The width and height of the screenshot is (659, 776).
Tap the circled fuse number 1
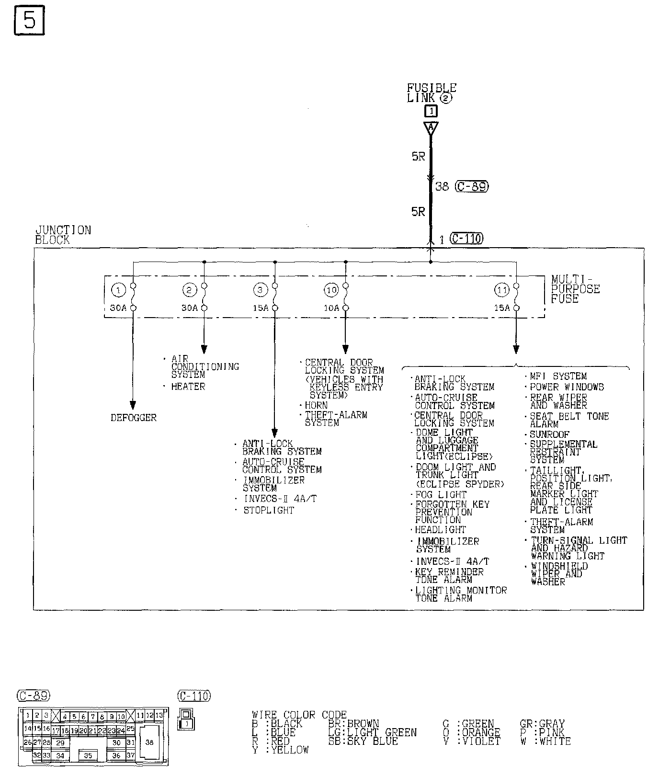118,290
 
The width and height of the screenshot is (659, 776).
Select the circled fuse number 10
331,290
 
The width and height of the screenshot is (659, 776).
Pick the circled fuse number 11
501,290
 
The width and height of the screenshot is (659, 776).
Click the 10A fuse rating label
331,308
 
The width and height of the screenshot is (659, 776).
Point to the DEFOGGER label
134,418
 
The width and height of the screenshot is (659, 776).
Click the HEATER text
188,386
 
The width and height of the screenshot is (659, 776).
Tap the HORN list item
316,405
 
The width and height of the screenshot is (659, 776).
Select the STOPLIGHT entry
269,510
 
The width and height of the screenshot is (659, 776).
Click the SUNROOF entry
549,434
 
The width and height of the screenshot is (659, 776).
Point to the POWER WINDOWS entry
567,387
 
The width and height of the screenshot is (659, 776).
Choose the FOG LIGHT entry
441,494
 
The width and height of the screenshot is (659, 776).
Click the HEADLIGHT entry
440,530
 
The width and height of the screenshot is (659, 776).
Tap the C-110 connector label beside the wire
467,238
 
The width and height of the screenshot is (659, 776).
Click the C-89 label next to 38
472,186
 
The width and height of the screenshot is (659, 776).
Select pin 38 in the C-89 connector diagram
149,742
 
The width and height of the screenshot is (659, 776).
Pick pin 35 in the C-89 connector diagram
88,755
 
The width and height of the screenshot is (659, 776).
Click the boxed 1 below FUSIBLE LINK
431,112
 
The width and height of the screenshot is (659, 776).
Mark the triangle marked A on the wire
431,128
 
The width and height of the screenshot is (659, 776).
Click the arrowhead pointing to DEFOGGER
133,405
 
